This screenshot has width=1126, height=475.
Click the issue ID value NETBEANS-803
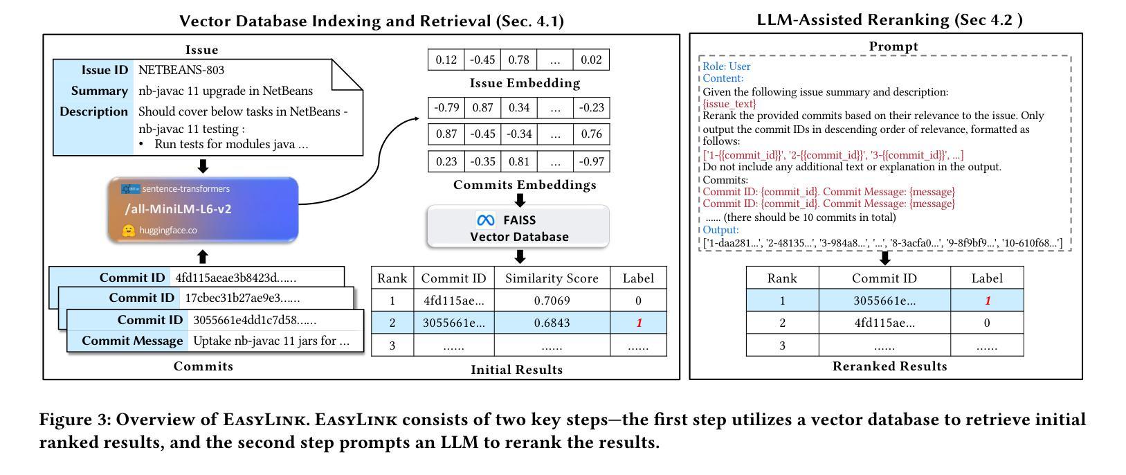click(181, 70)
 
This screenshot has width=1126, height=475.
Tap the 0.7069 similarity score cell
click(552, 301)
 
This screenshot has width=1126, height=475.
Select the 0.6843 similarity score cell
click(552, 323)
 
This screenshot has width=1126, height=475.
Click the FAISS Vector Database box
click(518, 227)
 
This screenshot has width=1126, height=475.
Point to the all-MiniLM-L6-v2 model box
click(203, 209)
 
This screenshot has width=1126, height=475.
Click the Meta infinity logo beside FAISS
click(486, 220)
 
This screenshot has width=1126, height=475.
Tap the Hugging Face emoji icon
click(128, 231)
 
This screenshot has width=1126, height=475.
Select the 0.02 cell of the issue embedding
click(591, 60)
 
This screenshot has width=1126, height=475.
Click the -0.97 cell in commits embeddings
click(591, 162)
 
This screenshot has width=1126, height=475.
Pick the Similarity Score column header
click(552, 278)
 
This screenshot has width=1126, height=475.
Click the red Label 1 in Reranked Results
click(987, 301)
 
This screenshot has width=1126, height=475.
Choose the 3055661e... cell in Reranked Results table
click(884, 301)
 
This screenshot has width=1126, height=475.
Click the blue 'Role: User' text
click(727, 66)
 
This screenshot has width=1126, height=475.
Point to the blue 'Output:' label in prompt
click(720, 230)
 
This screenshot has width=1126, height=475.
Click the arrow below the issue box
click(203, 166)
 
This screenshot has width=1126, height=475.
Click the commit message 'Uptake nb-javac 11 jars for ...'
click(271, 341)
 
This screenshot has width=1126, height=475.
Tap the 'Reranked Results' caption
click(889, 366)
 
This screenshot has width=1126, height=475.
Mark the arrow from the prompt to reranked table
click(884, 258)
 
